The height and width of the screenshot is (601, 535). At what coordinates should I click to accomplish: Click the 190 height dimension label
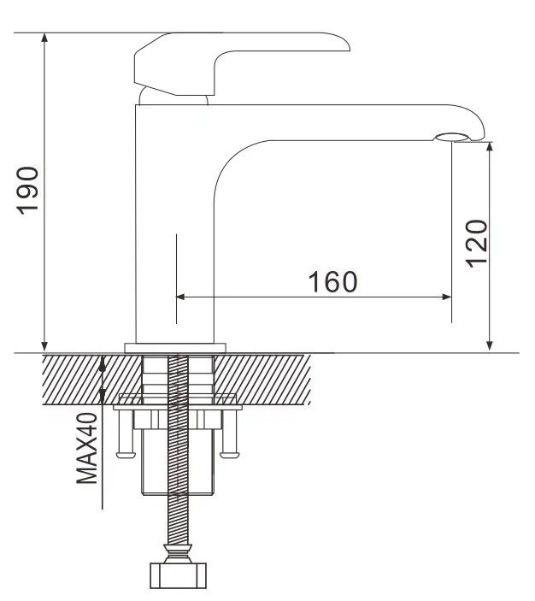(27, 191)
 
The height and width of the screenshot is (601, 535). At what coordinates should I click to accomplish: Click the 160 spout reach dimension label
(333, 282)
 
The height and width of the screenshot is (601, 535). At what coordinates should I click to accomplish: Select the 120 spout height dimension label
(477, 244)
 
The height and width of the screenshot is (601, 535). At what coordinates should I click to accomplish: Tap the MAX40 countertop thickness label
(87, 448)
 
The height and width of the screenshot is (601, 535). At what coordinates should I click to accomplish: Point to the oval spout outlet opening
(451, 138)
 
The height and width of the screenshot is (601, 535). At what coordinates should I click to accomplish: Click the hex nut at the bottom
(178, 575)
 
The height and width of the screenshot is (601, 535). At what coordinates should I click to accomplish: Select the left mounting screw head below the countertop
(126, 455)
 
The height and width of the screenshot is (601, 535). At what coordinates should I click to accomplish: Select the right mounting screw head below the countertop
(230, 455)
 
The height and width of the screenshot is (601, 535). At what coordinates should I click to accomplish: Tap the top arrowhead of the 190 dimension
(44, 38)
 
